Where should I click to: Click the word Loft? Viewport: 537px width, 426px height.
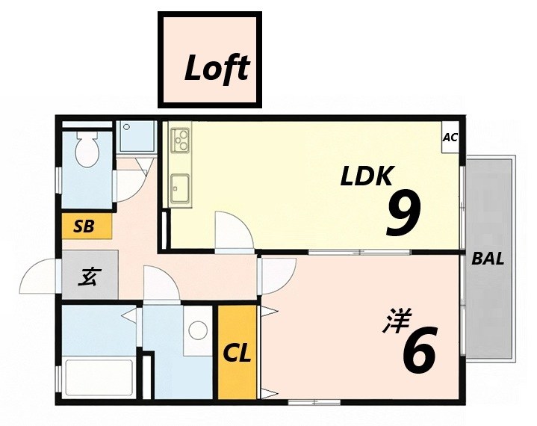point(216,70)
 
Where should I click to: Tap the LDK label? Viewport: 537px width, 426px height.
point(366,176)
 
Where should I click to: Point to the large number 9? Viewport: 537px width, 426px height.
point(403,212)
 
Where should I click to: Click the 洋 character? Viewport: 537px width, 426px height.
point(394,321)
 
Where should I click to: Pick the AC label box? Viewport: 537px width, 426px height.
point(450,137)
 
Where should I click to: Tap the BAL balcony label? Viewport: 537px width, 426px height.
point(488,260)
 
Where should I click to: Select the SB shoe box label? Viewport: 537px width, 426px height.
point(84,226)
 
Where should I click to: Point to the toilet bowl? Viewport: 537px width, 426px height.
point(88,152)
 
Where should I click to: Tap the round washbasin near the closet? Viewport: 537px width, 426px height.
point(198,329)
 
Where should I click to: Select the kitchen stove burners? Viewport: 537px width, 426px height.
point(181,138)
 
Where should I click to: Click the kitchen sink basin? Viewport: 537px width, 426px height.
point(180,185)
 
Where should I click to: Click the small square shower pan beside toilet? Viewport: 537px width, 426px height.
point(136,138)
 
